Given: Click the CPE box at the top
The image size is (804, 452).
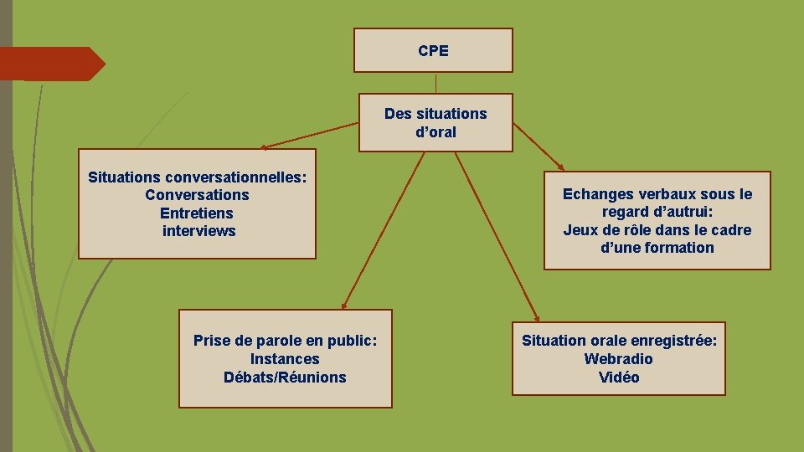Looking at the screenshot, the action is pos(433,50).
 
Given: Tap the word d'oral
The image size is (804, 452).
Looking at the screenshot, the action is pos(435,131).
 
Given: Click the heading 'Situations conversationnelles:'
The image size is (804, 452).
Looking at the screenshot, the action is pos(198,177).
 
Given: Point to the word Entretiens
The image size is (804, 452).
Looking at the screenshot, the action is pos(197,213).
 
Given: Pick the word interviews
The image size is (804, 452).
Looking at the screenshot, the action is pos(198,231).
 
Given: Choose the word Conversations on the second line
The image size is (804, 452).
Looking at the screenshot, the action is pos(197,195).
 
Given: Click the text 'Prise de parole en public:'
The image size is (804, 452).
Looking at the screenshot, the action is pos(285,341).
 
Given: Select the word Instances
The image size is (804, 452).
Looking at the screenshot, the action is pos(285,359).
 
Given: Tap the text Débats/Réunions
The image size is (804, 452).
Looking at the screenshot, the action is pos(285,378).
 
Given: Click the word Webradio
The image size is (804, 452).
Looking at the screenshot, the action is pos(619,359).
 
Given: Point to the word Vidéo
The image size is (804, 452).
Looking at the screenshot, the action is pos(619,378).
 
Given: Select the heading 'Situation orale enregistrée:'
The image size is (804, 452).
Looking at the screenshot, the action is pos(619,341).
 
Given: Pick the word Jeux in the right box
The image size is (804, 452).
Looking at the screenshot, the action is pos(580,230).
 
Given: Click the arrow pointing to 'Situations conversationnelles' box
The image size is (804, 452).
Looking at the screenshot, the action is pos(310,136).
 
